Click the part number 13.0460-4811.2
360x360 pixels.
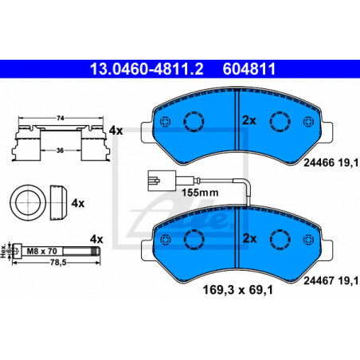(147, 69)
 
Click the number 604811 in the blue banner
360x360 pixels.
(249, 69)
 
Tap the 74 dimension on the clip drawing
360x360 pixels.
(61, 118)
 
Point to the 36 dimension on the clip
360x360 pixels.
(60, 151)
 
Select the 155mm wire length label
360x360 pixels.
(200, 193)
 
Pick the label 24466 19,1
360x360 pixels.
(331, 162)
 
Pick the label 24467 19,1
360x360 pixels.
(331, 280)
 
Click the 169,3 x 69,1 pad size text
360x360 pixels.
(238, 290)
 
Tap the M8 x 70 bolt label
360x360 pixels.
(42, 251)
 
